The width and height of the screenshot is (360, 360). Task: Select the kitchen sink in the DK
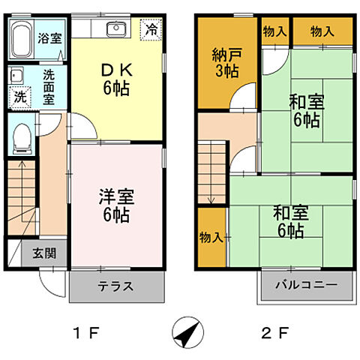[x=116, y=29]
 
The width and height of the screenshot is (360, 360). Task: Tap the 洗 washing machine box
[x=19, y=96]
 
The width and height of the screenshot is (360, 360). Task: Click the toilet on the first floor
[x=21, y=137]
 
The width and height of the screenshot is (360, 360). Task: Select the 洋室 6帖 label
[x=115, y=205]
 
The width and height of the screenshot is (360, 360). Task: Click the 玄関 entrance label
[x=43, y=253]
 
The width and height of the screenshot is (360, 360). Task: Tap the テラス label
[x=116, y=286]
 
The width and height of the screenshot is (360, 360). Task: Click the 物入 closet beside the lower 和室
[x=211, y=238]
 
